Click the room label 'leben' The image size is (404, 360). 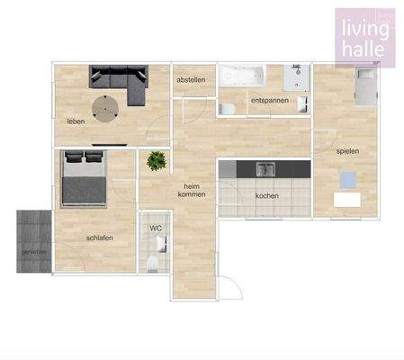pos(75,121)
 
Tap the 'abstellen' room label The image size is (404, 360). pos(191,80)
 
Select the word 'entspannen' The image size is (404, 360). pos(269,100)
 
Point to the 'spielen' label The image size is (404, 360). pos(347,151)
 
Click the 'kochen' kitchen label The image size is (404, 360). pos(266,195)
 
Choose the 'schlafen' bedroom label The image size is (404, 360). pos(99,238)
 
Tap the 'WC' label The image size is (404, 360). pos(155,229)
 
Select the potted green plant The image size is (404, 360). pos(157,162)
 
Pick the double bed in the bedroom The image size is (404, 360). pos(84,179)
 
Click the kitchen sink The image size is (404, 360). pos(265,168)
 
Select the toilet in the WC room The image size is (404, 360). pos(154,262)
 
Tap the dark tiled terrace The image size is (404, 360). pos(33,239)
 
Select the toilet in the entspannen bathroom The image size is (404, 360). pos(228,108)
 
